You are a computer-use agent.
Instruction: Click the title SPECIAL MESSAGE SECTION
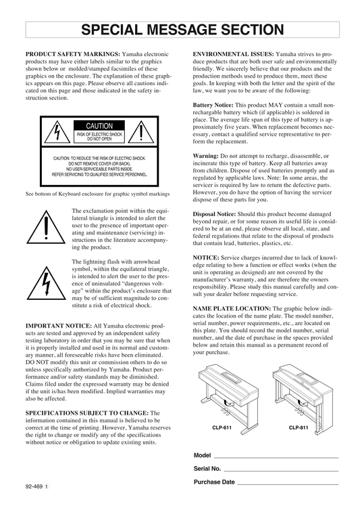pos(182,30)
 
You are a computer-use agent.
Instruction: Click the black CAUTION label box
pos(99,126)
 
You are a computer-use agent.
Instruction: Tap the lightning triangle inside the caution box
pos(57,132)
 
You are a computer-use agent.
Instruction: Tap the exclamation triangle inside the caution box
pos(140,132)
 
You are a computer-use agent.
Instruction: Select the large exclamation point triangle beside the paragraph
pos(46,227)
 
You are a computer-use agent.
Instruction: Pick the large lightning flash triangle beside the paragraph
pos(46,283)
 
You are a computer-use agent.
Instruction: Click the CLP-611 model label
pos(222,428)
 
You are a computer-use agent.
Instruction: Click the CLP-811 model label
pos(299,428)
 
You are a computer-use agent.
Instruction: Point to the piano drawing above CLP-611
pos(228,399)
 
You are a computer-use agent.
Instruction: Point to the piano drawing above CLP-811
pos(303,399)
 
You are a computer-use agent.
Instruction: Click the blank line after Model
pos(276,458)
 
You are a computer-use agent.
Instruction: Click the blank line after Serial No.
pos(281,471)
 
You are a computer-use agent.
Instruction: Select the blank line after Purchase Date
pos(288,484)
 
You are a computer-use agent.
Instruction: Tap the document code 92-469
pos(34,486)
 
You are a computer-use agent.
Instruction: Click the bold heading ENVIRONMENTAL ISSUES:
pos(233,54)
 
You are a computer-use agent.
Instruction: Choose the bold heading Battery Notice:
pos(213,105)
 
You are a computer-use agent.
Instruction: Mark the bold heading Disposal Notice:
pos(214,214)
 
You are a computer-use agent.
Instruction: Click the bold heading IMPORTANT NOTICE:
pos(59,326)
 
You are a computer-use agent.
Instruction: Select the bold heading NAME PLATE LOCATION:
pos(232,308)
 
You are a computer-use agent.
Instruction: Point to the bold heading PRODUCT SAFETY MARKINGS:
pos(73,54)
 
